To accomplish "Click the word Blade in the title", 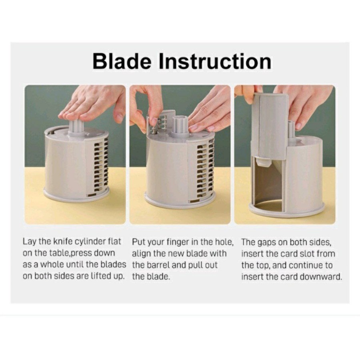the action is [122, 61].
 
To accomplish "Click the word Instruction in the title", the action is [215, 61].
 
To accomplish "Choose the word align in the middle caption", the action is [142, 254].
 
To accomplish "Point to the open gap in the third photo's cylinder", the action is [268, 184].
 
